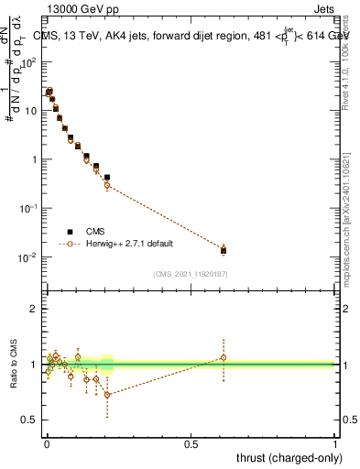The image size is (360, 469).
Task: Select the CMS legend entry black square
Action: pyautogui.click(x=70, y=232)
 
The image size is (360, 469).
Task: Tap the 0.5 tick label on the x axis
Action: pyautogui.click(x=191, y=443)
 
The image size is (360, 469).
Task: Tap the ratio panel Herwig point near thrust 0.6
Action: pyautogui.click(x=223, y=358)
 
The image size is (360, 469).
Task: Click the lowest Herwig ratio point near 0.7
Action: pyautogui.click(x=107, y=395)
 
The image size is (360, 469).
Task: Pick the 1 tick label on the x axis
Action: pyautogui.click(x=335, y=443)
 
